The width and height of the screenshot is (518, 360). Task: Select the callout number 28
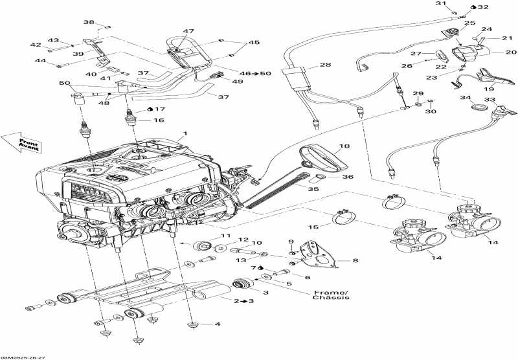click(x=325, y=65)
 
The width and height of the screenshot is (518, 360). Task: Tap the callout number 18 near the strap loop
click(x=344, y=148)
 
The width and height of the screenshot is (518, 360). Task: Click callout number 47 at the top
click(x=188, y=31)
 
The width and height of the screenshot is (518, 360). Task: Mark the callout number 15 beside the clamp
click(x=313, y=227)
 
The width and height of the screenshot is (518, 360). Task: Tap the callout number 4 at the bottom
click(x=218, y=324)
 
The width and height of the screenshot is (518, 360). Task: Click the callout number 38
click(x=88, y=23)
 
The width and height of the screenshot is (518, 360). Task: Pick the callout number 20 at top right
click(x=511, y=52)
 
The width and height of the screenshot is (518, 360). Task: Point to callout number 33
click(x=490, y=100)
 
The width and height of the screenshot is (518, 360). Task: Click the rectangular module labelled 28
click(x=297, y=82)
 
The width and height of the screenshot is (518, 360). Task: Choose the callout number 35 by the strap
click(x=313, y=190)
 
